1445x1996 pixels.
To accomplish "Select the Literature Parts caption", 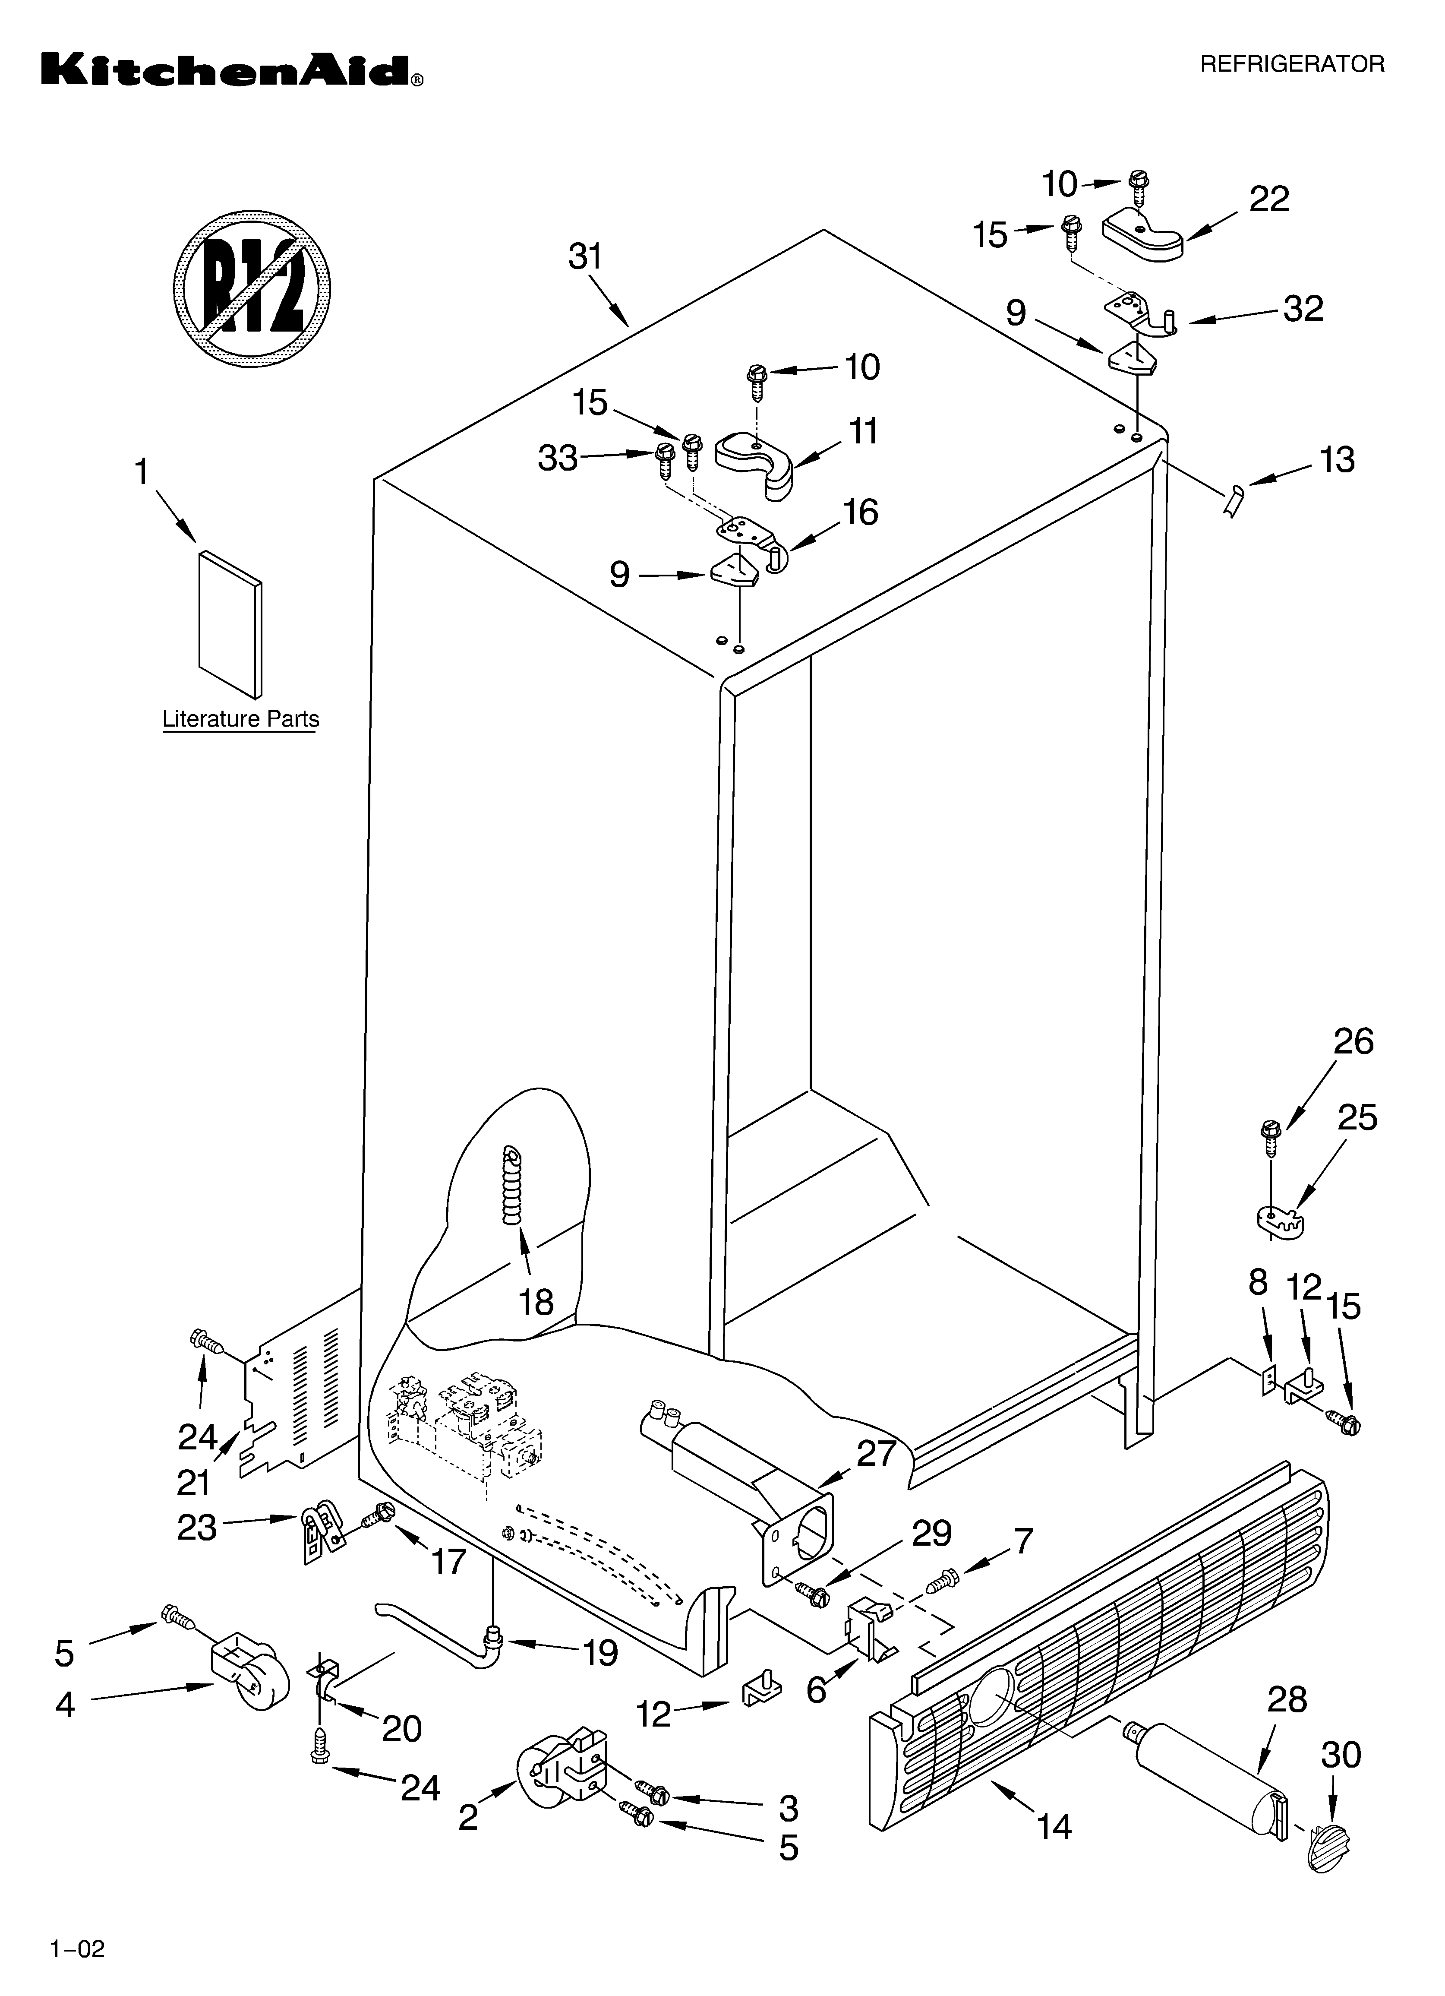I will tap(240, 719).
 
